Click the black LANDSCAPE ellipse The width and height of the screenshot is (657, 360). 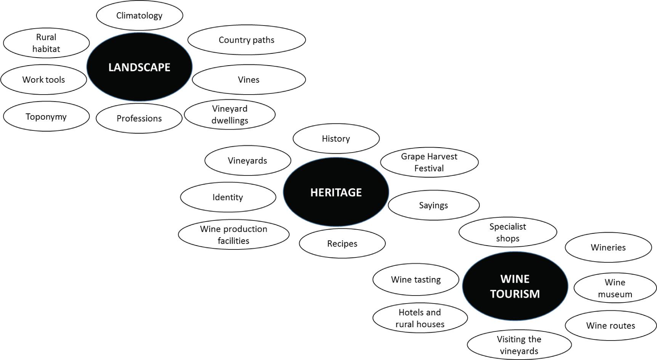click(x=139, y=67)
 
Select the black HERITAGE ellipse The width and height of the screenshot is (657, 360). click(x=336, y=192)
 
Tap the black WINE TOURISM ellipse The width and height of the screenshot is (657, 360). click(x=515, y=286)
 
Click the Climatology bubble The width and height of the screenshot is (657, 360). click(x=139, y=16)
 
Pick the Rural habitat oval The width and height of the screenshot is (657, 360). click(x=46, y=43)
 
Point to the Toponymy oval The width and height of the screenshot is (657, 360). click(x=46, y=116)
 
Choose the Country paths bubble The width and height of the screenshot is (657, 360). click(x=247, y=40)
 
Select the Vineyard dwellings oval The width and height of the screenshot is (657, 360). click(x=230, y=114)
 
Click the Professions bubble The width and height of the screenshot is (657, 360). click(x=139, y=119)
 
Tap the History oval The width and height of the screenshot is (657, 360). click(x=336, y=138)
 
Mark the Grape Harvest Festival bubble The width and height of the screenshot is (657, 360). click(x=429, y=162)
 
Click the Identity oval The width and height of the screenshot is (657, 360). click(x=228, y=197)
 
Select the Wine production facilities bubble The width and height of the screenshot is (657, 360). click(x=234, y=235)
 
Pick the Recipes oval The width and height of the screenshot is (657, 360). click(x=342, y=244)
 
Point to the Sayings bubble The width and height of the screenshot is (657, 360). click(x=434, y=206)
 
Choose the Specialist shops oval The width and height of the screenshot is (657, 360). click(x=508, y=232)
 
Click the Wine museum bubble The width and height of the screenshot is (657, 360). click(x=615, y=288)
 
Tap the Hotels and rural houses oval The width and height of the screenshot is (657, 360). click(x=420, y=318)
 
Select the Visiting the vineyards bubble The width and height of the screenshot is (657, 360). click(x=519, y=345)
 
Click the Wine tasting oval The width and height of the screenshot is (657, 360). click(x=416, y=280)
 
